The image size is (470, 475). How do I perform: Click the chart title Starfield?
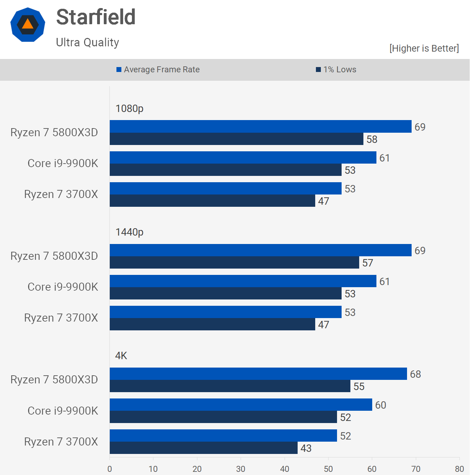96,17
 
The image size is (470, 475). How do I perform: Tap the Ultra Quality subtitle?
88,42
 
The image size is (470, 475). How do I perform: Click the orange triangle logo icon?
28,24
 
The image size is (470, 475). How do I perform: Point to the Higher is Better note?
424,48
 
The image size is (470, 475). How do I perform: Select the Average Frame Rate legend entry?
158,70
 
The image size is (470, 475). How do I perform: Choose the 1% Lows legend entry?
336,70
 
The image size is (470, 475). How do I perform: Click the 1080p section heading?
129,108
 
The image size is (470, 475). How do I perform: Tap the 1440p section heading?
129,232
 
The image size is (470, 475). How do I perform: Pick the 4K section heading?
121,356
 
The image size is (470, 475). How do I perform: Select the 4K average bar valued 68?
258,374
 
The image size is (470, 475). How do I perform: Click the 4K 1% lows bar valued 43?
203,448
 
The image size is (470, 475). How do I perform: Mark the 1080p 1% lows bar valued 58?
236,139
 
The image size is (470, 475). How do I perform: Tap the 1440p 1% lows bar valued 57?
234,263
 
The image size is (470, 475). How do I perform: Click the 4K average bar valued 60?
241,405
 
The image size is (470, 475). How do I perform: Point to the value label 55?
359,387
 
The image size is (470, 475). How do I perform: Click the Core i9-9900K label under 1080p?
63,163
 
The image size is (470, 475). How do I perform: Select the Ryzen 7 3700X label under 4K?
61,442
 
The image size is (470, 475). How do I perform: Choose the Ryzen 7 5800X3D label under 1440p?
54,256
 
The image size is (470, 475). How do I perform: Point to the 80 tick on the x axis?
459,469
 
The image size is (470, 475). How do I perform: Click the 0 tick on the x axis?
110,469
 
